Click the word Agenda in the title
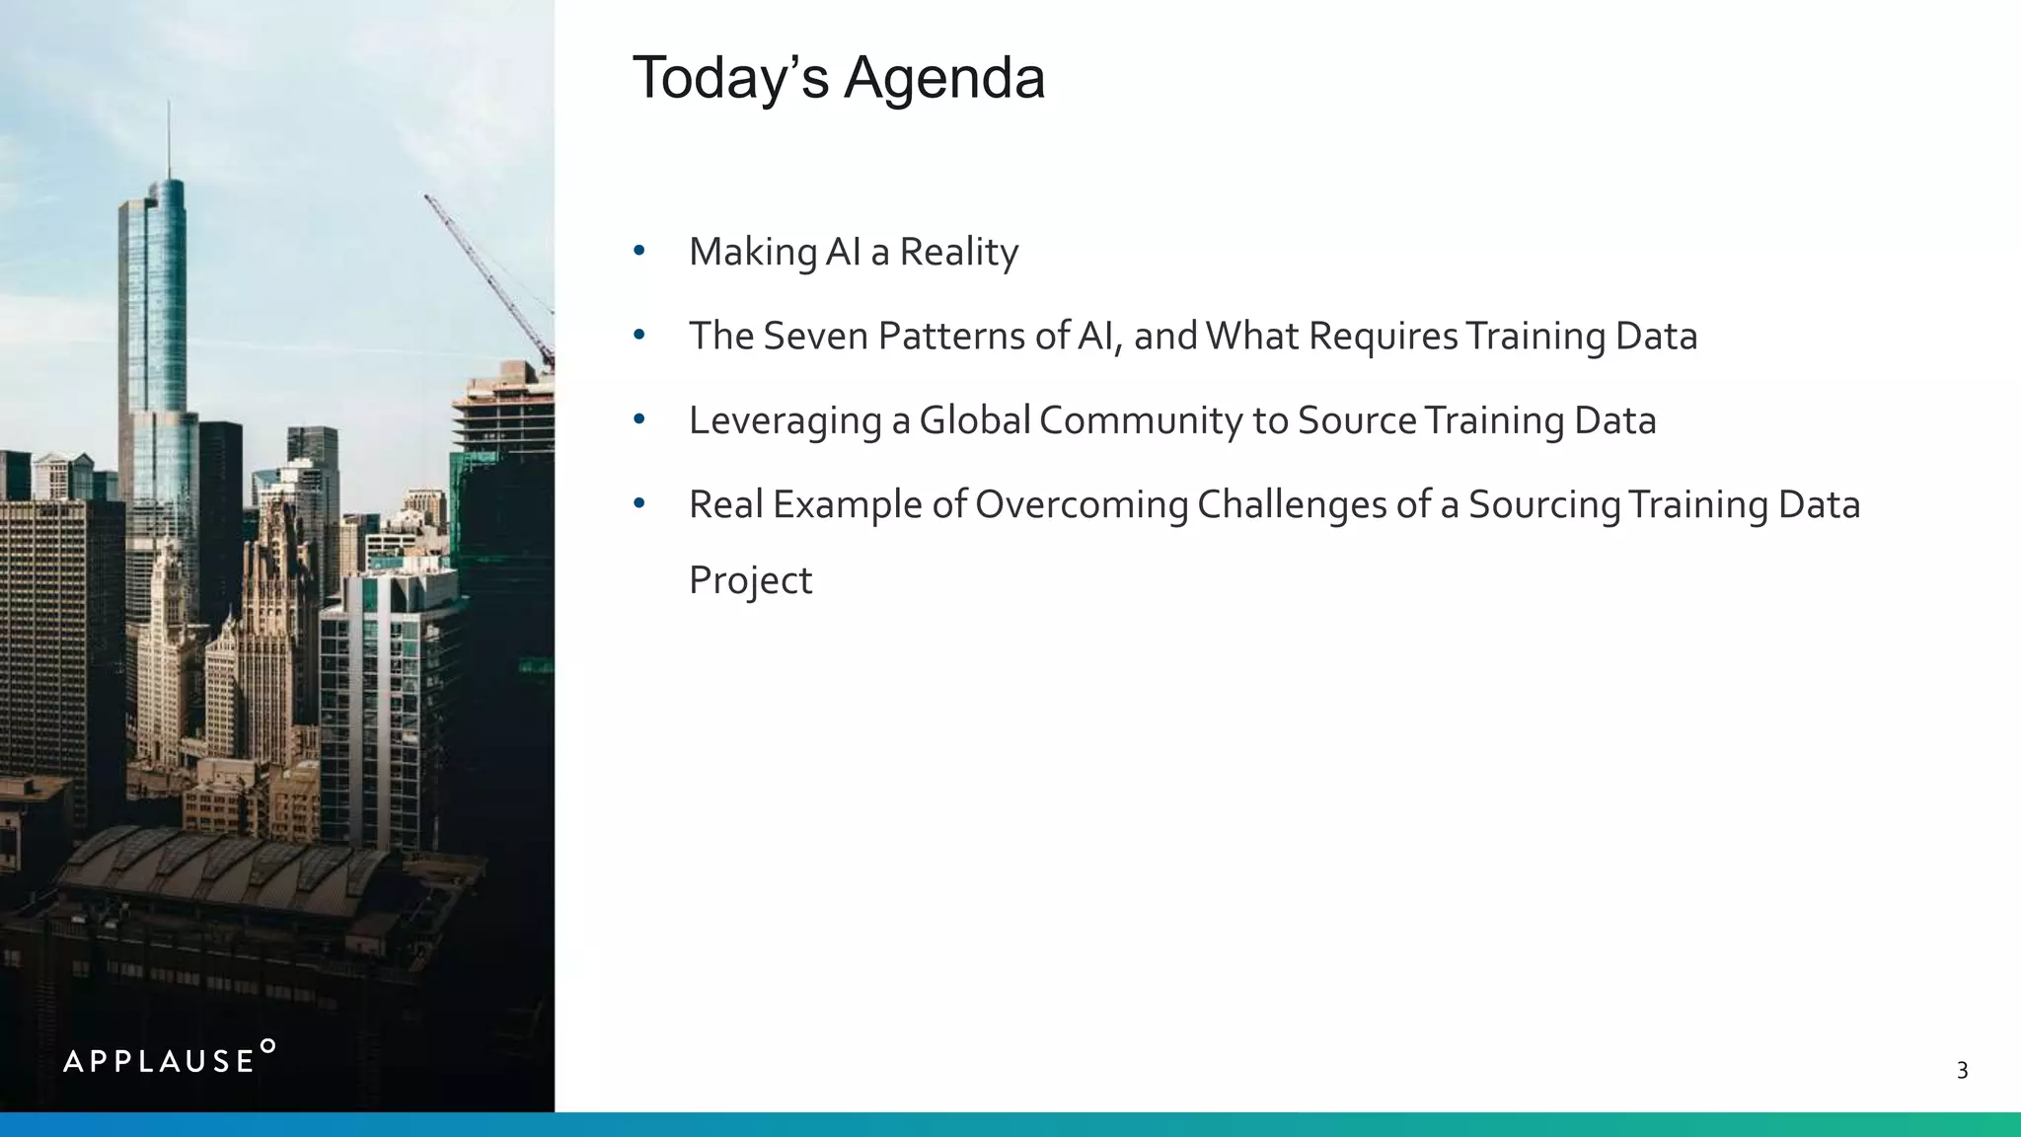tap(943, 78)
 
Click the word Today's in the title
tap(730, 78)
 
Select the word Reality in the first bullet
tap(958, 253)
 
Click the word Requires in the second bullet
tap(1383, 337)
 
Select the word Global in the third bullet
tap(975, 420)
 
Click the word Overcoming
tap(1082, 505)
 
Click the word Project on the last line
tap(750, 581)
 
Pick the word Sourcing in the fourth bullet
tap(1544, 505)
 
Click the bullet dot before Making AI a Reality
tap(639, 252)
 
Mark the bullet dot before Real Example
tap(639, 504)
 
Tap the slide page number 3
tap(1962, 1071)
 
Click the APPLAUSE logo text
tap(159, 1062)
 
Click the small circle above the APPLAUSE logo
tap(267, 1045)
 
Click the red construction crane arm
tap(488, 276)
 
